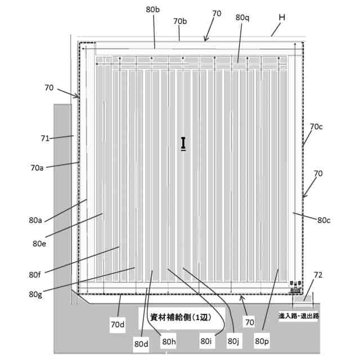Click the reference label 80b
(x=153, y=10)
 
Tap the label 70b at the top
(x=180, y=21)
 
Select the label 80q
(x=242, y=17)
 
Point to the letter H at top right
(x=282, y=17)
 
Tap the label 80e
(x=39, y=244)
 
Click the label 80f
(x=35, y=274)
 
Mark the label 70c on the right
(x=316, y=127)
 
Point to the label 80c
(x=325, y=220)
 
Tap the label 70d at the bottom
(x=118, y=324)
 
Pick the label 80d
(x=142, y=343)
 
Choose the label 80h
(x=169, y=341)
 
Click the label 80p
(x=262, y=341)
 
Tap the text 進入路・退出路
(x=299, y=316)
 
